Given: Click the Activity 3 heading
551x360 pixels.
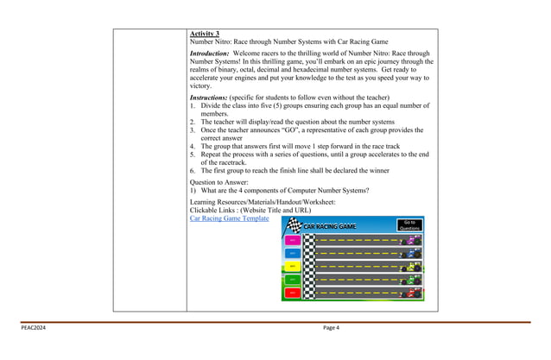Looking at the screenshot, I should click(x=204, y=34).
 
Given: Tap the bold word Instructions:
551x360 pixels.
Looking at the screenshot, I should click(x=208, y=98).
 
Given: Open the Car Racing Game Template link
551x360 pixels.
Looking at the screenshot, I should click(x=229, y=218).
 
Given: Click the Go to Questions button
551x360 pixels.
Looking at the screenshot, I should click(x=409, y=225).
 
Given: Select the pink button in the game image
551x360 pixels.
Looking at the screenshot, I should click(x=292, y=240).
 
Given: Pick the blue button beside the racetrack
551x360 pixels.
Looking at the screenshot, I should click(x=292, y=253).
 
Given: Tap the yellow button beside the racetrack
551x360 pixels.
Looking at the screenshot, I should click(x=292, y=267).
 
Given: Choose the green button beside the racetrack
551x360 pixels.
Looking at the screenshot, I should click(x=292, y=280).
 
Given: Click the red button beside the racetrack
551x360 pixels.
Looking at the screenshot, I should click(x=292, y=294).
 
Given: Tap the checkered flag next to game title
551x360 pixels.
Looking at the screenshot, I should click(x=294, y=225).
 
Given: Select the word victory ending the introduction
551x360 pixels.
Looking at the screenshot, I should click(x=199, y=86).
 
